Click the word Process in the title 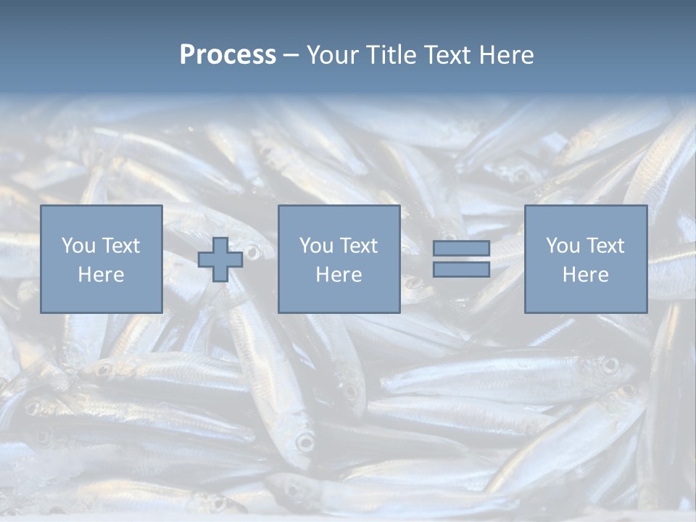(x=228, y=55)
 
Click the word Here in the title (x=509, y=55)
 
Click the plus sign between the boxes (x=220, y=260)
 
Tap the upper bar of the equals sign (x=461, y=248)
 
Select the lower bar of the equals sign (x=461, y=269)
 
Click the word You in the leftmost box (x=78, y=246)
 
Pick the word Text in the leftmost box (x=120, y=246)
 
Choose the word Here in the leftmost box (x=101, y=275)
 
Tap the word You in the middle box (x=316, y=246)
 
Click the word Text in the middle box (x=358, y=246)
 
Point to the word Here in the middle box (x=339, y=275)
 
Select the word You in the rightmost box (x=563, y=246)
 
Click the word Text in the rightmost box (x=605, y=246)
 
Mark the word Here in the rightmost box (x=585, y=275)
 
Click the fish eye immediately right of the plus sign (x=252, y=252)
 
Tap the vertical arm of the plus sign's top (x=220, y=245)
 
